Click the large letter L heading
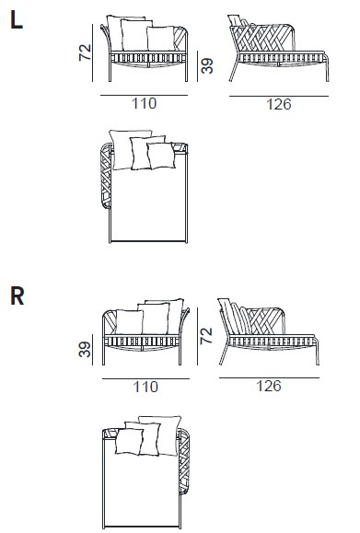pyautogui.click(x=17, y=19)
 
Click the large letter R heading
pyautogui.click(x=17, y=296)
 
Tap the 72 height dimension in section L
pyautogui.click(x=85, y=52)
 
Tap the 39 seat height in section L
pyautogui.click(x=207, y=65)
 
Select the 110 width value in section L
pyautogui.click(x=145, y=103)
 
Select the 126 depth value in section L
pyautogui.click(x=279, y=104)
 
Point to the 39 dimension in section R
pyautogui.click(x=85, y=350)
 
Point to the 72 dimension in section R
pyautogui.click(x=206, y=335)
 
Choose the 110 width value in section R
pyautogui.click(x=145, y=387)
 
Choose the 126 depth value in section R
pyautogui.click(x=269, y=386)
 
